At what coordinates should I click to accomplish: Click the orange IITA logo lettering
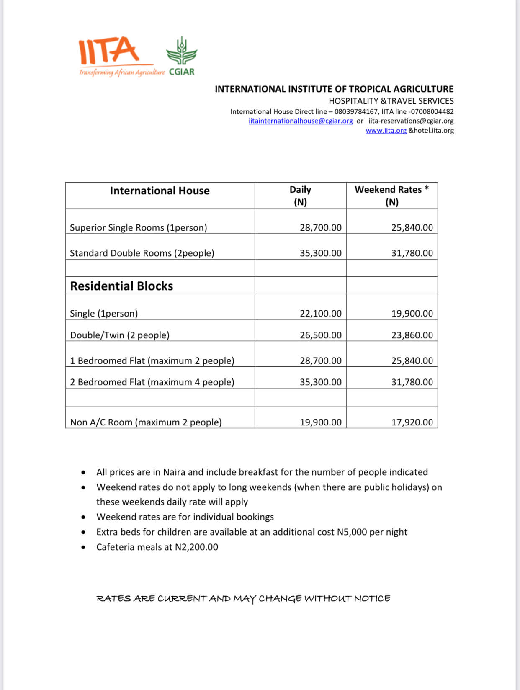109,50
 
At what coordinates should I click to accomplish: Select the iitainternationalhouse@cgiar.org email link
300,121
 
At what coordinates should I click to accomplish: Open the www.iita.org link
386,131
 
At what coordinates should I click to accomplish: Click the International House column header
160,191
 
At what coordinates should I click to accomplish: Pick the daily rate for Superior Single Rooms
320,228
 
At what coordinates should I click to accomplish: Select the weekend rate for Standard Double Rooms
412,253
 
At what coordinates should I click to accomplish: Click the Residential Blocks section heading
121,286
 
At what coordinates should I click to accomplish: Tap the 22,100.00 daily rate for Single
320,314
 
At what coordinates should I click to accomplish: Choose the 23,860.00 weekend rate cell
412,335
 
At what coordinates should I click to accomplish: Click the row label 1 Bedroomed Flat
152,361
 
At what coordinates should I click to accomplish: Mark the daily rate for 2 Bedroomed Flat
320,382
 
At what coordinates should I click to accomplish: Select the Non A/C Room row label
146,422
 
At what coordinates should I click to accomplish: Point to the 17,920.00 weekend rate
412,422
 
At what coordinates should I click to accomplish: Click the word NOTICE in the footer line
372,599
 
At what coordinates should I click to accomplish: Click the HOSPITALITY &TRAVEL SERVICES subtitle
391,101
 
